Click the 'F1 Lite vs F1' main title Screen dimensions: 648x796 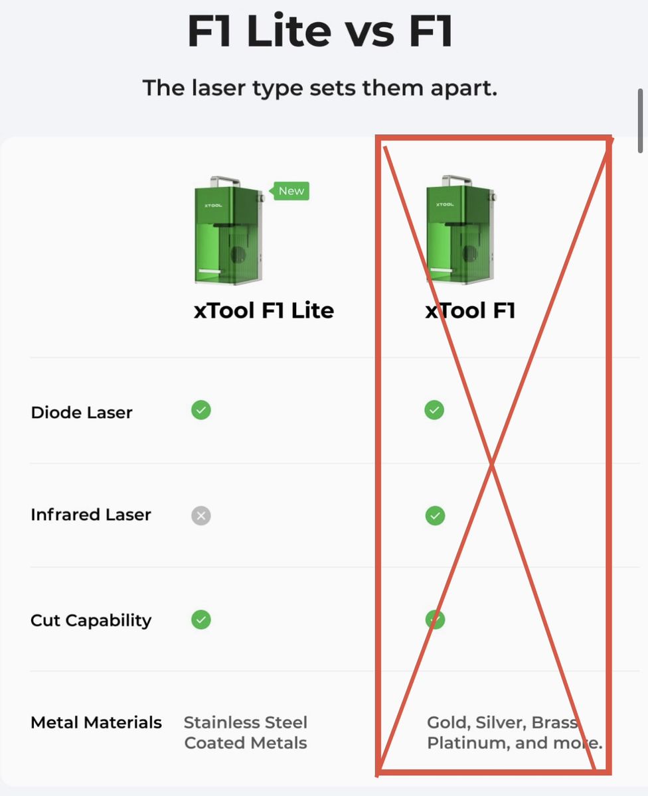pos(321,31)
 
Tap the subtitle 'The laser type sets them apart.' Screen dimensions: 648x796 pos(320,88)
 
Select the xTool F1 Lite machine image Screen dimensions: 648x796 pos(229,230)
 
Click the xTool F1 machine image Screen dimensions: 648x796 pos(461,230)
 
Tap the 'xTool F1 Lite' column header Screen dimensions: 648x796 pos(264,310)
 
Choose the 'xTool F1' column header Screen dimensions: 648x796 pos(470,310)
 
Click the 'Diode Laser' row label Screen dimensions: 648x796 pos(82,413)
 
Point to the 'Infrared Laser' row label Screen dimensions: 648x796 pos(91,515)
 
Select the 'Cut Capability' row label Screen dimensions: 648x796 pos(91,621)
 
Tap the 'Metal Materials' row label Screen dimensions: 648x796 pos(96,722)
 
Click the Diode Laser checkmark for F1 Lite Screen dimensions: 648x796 pos(201,410)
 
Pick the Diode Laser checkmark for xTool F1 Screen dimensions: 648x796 pos(434,410)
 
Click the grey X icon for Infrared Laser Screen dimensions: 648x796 pos(201,515)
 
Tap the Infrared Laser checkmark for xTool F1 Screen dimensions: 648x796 pos(436,515)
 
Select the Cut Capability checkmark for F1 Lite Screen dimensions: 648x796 pos(201,620)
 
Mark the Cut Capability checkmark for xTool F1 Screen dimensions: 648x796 pos(436,620)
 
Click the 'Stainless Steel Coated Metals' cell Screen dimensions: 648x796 pos(246,732)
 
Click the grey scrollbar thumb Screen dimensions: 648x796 pos(640,121)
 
